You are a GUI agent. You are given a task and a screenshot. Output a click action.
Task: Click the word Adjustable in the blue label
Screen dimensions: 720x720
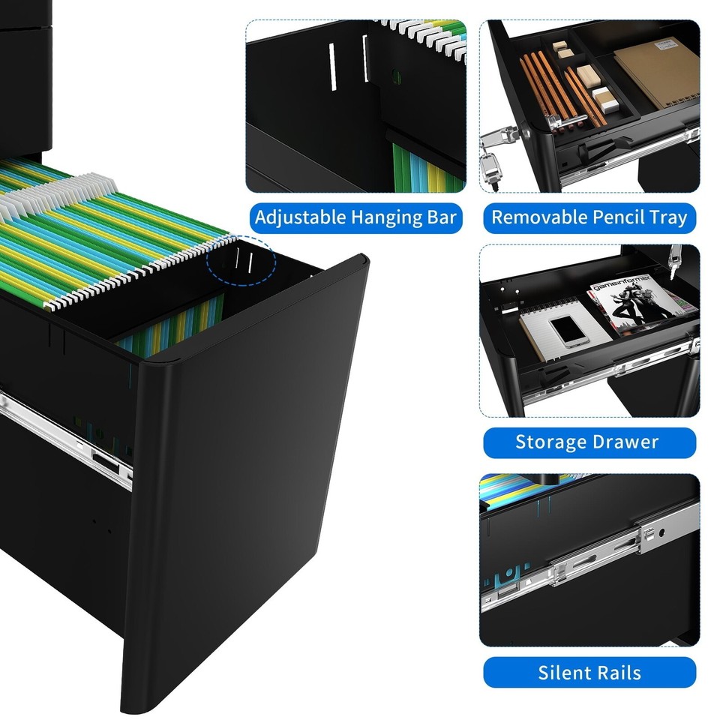pyautogui.click(x=299, y=217)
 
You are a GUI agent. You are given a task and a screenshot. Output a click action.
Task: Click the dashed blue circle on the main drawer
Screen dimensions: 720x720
pyautogui.click(x=241, y=259)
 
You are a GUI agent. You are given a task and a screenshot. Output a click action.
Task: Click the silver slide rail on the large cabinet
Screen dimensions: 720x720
pyautogui.click(x=67, y=431)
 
